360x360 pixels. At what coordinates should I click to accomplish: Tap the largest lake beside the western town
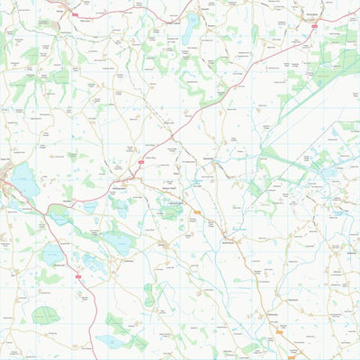coord(25,184)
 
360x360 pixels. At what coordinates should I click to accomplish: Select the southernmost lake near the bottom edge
coord(109,341)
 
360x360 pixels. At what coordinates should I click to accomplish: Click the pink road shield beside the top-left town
coord(75,13)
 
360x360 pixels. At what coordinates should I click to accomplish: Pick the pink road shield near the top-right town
coord(313,26)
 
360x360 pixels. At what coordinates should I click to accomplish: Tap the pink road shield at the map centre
coord(141,162)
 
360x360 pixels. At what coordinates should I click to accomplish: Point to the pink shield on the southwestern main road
coord(78,275)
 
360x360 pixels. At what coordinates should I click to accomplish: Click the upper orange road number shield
coord(197,212)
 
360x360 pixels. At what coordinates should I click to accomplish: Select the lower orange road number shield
coord(280,331)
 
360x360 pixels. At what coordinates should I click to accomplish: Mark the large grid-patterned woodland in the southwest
coord(45,315)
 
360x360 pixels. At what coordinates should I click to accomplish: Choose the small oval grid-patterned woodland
coord(148,292)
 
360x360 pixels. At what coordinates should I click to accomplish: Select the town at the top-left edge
coord(67,8)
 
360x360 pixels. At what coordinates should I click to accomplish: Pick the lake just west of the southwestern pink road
coord(51,256)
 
